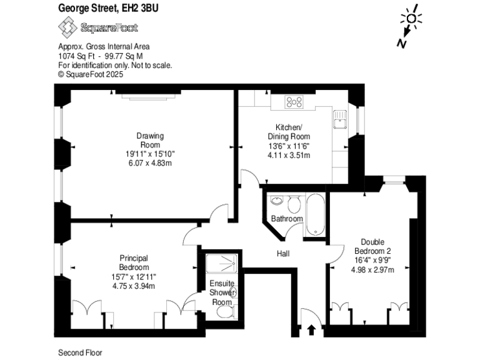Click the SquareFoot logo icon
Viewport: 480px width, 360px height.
(67, 27)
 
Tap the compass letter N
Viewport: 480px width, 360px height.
(400, 42)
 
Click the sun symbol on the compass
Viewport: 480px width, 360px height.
(412, 18)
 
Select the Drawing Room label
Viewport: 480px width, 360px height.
(150, 140)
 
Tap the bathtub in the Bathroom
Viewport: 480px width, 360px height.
(315, 214)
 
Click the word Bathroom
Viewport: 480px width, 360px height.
(287, 219)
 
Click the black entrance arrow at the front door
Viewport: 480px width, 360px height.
(311, 329)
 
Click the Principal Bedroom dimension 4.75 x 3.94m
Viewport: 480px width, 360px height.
(133, 286)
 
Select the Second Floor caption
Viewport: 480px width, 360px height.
(80, 352)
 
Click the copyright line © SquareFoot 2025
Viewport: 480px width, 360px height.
(91, 74)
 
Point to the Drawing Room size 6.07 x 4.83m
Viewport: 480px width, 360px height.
(150, 162)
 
